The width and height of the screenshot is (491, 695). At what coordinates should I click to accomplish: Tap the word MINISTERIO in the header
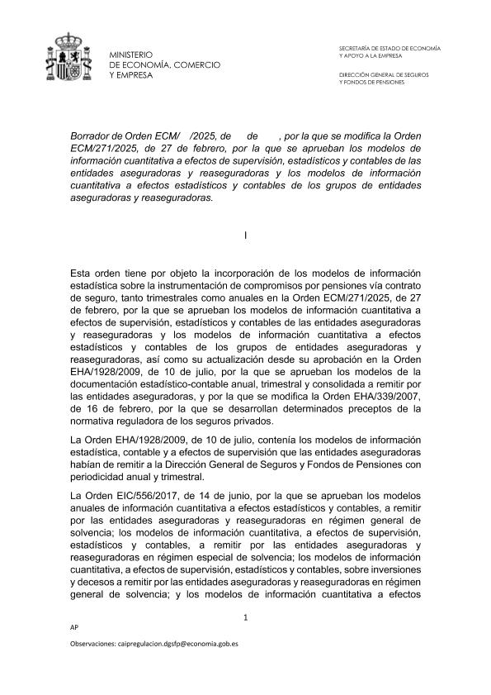point(131,55)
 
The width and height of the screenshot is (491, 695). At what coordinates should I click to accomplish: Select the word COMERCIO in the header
point(196,64)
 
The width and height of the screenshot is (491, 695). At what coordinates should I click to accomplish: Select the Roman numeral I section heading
point(246,236)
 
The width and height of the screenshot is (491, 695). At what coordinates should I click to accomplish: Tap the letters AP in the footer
point(77,628)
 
